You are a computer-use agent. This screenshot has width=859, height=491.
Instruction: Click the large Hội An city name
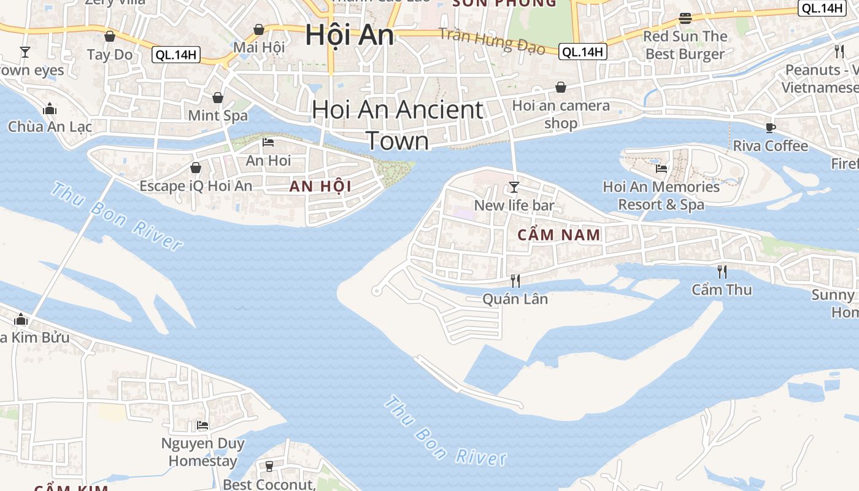click(x=349, y=35)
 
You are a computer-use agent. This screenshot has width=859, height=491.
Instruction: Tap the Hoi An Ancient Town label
click(x=398, y=125)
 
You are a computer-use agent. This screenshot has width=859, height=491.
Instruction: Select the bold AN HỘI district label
click(x=320, y=187)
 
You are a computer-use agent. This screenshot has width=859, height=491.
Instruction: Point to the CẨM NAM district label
click(x=559, y=235)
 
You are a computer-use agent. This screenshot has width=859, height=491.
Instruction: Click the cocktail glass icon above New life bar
click(x=514, y=187)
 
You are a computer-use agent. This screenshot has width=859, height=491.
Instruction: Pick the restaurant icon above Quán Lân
click(x=515, y=281)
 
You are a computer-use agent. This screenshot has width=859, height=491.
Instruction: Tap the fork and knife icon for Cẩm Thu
click(x=722, y=271)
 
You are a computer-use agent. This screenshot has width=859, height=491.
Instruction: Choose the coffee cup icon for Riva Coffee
click(x=771, y=128)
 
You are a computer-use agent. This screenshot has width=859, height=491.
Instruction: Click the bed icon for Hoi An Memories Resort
click(x=661, y=168)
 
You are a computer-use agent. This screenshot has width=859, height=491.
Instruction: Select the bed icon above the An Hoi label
click(x=268, y=142)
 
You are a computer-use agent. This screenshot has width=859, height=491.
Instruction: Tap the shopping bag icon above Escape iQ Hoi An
click(x=196, y=168)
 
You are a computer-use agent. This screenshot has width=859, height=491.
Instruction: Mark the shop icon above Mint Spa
click(x=218, y=98)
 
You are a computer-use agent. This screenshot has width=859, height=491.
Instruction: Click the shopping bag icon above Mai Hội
click(x=259, y=29)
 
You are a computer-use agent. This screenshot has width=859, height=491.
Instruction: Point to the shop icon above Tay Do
click(x=110, y=37)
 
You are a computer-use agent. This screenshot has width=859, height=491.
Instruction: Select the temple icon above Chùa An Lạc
click(x=50, y=109)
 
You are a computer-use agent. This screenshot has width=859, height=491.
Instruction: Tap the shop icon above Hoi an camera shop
click(x=560, y=88)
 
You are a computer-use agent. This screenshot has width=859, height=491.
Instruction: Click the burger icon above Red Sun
click(x=685, y=18)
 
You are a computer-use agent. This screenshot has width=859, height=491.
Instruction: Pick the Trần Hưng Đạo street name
click(x=491, y=41)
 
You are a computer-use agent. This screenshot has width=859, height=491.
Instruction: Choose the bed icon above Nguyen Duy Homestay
click(x=202, y=425)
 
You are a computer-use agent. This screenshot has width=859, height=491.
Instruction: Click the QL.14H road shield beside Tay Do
click(x=177, y=55)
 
